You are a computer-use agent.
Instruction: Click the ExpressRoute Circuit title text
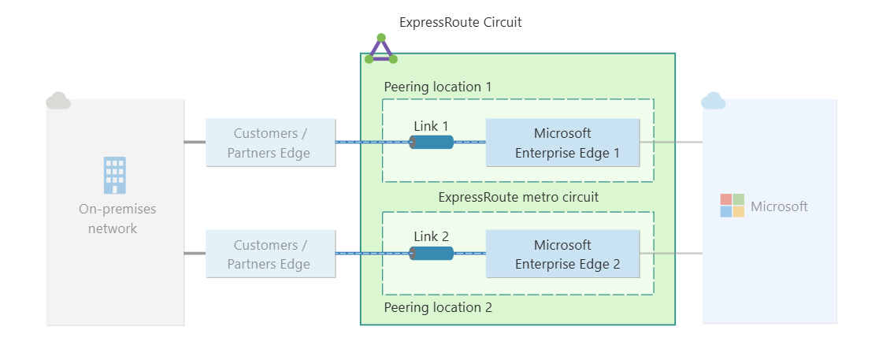[460, 22]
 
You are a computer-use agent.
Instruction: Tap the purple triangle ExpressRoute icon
[381, 50]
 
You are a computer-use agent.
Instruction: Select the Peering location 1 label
[437, 87]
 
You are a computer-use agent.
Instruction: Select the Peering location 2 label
[437, 307]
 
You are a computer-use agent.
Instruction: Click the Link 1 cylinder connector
[432, 142]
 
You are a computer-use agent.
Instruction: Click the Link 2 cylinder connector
[432, 253]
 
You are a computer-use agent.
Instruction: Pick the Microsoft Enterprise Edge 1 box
[562, 143]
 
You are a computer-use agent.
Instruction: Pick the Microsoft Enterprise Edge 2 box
[562, 254]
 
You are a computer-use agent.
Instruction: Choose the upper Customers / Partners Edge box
[270, 143]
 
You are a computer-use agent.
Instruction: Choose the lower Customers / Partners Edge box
[270, 254]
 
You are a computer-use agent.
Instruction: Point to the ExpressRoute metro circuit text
[518, 197]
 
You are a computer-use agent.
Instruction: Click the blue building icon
[115, 175]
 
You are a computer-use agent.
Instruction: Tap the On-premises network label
[117, 218]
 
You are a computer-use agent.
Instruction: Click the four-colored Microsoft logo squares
[732, 206]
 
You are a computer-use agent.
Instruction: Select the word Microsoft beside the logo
[779, 206]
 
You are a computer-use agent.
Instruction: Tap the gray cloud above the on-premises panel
[58, 101]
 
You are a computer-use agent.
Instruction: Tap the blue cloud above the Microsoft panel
[713, 101]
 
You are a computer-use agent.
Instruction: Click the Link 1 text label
[431, 125]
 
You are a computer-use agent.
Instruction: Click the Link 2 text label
[431, 236]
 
